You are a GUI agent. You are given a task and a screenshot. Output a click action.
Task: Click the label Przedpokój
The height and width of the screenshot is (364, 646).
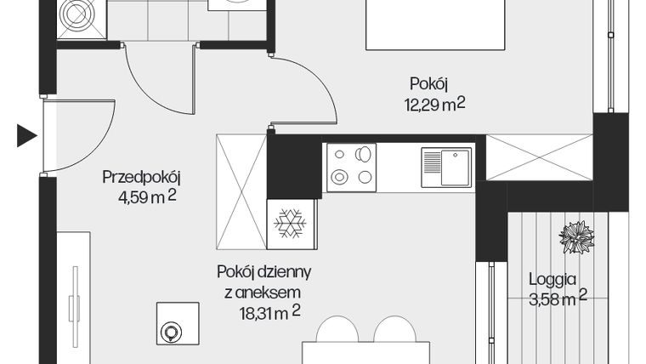142,178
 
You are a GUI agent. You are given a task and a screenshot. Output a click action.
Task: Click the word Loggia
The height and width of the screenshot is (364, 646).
552,278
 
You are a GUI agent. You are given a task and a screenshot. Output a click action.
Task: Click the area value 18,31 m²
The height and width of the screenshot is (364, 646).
269,312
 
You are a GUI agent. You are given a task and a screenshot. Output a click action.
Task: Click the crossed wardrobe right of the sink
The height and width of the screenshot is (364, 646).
538,157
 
